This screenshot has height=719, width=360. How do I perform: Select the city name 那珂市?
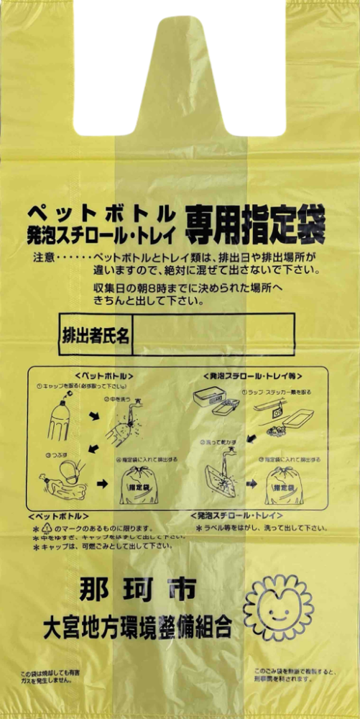coord(134,590)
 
